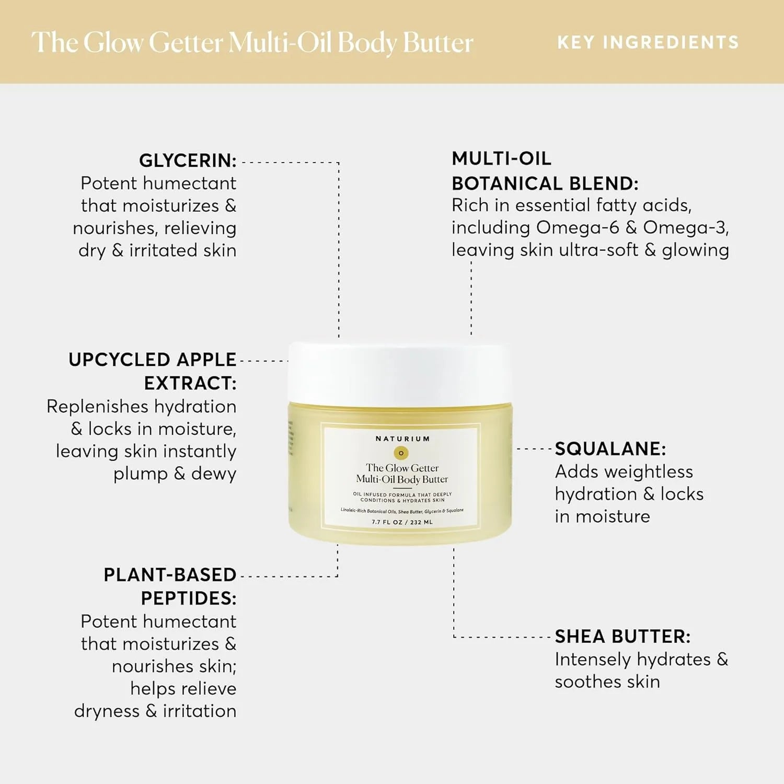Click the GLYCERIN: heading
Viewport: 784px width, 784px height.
point(188,160)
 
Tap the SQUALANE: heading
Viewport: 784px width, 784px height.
point(610,448)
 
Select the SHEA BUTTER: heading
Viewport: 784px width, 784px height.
point(622,636)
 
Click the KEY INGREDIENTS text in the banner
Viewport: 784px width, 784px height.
point(648,42)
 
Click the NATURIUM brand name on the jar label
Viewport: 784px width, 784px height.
point(402,439)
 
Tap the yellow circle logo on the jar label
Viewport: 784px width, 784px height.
point(401,453)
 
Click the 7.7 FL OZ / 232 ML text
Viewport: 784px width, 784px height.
point(402,522)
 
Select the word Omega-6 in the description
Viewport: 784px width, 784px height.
point(578,227)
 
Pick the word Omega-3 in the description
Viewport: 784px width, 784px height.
point(685,227)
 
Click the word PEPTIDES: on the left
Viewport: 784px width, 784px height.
point(188,598)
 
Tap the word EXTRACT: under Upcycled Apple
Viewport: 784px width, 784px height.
point(190,383)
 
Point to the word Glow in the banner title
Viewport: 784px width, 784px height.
point(113,42)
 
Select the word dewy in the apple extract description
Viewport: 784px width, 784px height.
point(213,474)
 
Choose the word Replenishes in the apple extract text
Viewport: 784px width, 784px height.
point(97,406)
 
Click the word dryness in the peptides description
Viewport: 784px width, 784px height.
point(107,711)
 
